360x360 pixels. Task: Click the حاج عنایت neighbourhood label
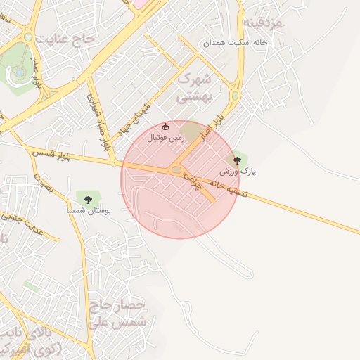67,37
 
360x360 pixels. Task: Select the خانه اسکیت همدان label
236,43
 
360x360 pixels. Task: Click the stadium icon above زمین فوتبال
165,127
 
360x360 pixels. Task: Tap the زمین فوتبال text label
165,139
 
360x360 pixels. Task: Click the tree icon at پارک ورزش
236,160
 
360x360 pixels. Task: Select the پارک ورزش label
238,172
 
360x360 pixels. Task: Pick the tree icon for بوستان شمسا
88,200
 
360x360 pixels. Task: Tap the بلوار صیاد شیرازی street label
98,120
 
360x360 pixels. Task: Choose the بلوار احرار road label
214,127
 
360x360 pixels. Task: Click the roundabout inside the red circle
175,169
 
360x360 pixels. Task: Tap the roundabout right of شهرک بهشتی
235,95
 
